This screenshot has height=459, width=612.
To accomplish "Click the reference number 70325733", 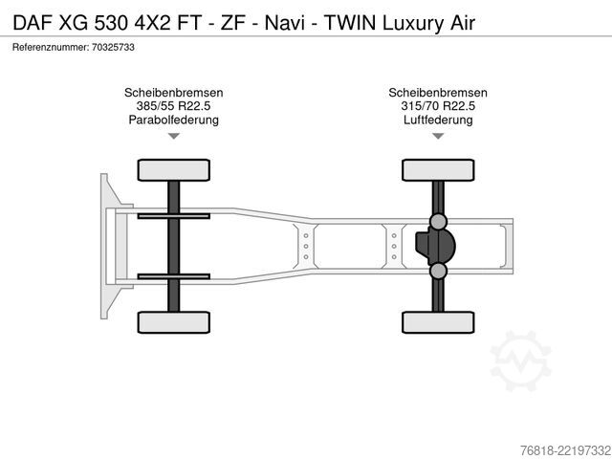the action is [113, 47].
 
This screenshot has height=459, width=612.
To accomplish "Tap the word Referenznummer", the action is [51, 47].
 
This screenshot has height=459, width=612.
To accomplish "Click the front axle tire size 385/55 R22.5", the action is [174, 106].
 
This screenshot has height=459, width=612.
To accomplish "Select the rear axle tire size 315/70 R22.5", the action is [438, 106].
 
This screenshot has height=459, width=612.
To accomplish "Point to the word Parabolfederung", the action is [174, 120].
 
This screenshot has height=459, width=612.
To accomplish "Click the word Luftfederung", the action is [438, 120].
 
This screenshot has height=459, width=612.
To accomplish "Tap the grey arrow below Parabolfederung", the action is [174, 136].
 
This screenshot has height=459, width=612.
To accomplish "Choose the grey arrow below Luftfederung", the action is [438, 136].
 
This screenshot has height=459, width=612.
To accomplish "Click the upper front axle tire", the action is [174, 170].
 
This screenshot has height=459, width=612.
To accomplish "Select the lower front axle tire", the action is [174, 322].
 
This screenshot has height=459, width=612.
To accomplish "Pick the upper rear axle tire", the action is [438, 170].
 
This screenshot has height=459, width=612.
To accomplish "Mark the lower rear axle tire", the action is [438, 322].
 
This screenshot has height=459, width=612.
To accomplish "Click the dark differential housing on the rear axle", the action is [435, 246].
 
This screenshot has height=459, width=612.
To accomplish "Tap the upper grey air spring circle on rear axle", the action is [438, 222].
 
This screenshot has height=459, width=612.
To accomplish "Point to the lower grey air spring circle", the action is [438, 271].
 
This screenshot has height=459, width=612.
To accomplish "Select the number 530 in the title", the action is [111, 23].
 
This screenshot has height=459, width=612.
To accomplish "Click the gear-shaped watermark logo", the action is [520, 361].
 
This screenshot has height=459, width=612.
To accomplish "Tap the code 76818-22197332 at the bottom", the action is [565, 450].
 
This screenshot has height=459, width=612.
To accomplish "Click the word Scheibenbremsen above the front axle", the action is [174, 93].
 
